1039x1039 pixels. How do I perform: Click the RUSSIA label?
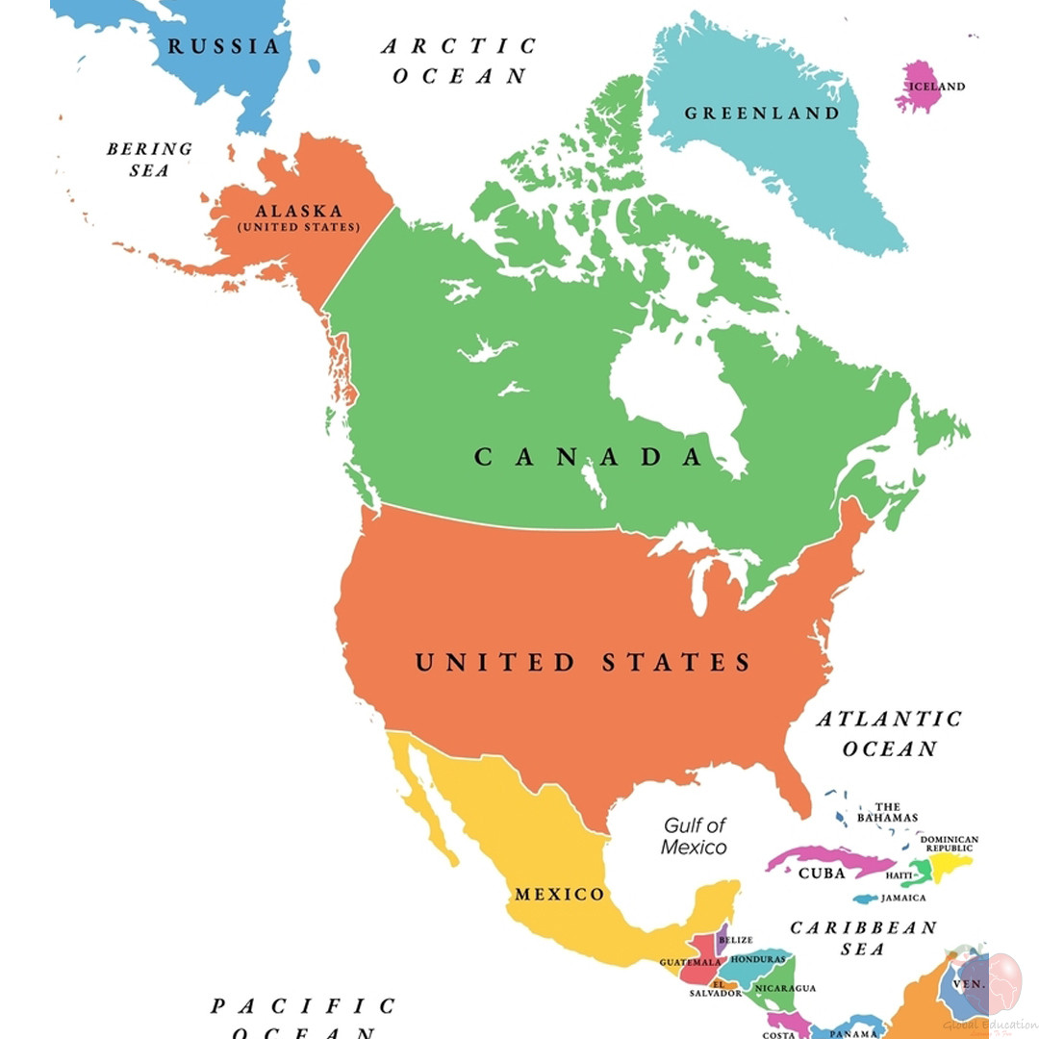tap(224, 46)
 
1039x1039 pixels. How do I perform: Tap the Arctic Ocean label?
tap(459, 61)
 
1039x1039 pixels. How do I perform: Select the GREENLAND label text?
tap(761, 114)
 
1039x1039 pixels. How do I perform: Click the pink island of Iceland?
tap(919, 88)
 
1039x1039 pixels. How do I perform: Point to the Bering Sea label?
tap(149, 160)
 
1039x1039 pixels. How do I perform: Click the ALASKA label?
tap(298, 212)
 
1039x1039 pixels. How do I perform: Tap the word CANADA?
tap(589, 457)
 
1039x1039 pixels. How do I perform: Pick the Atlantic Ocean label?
tap(889, 733)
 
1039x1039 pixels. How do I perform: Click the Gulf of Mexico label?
tap(694, 836)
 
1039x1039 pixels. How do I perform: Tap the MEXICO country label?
tap(560, 895)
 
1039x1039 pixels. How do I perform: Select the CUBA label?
tap(822, 874)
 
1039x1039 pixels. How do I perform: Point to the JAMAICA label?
tap(903, 898)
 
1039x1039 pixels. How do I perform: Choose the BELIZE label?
tap(735, 939)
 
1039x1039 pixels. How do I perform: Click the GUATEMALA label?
tap(690, 962)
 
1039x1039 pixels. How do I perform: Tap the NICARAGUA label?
tap(785, 988)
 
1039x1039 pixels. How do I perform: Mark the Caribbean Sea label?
tap(862, 938)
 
